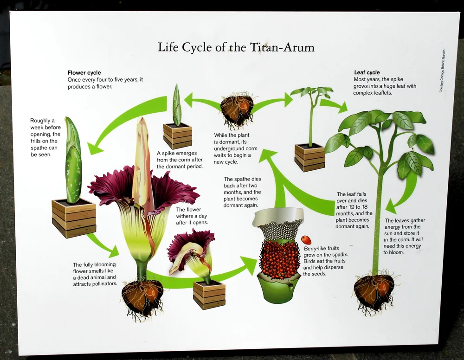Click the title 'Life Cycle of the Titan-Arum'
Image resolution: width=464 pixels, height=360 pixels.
tap(236, 47)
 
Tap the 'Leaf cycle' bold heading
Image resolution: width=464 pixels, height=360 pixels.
tap(367, 73)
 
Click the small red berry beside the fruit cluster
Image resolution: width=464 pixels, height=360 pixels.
tap(306, 240)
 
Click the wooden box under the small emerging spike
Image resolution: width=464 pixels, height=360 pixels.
tap(177, 136)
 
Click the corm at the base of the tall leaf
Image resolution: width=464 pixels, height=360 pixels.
tap(374, 291)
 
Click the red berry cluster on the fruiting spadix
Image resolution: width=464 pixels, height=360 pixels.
tap(279, 260)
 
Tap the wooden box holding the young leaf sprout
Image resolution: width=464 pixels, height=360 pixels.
tap(309, 157)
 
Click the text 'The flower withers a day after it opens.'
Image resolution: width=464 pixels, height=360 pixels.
tap(192, 216)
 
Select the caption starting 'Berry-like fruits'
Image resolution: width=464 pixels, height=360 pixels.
tap(325, 261)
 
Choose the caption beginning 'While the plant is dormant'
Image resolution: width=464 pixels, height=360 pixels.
tap(232, 148)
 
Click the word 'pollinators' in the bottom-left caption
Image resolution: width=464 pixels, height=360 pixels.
tap(103, 283)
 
